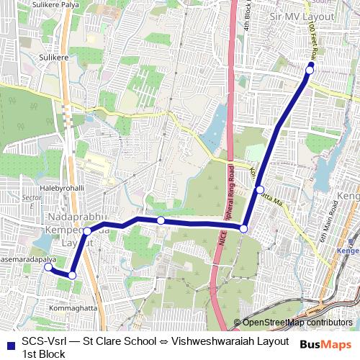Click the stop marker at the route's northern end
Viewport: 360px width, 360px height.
310,69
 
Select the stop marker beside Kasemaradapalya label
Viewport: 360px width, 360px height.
48,267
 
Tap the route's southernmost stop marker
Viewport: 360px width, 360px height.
72,274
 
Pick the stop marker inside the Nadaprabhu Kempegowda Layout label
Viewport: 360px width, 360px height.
87,231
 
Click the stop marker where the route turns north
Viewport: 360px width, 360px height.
244,228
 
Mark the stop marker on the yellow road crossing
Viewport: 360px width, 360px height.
259,189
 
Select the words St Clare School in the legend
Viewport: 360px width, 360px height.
118,341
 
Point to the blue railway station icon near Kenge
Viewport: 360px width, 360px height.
338,250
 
